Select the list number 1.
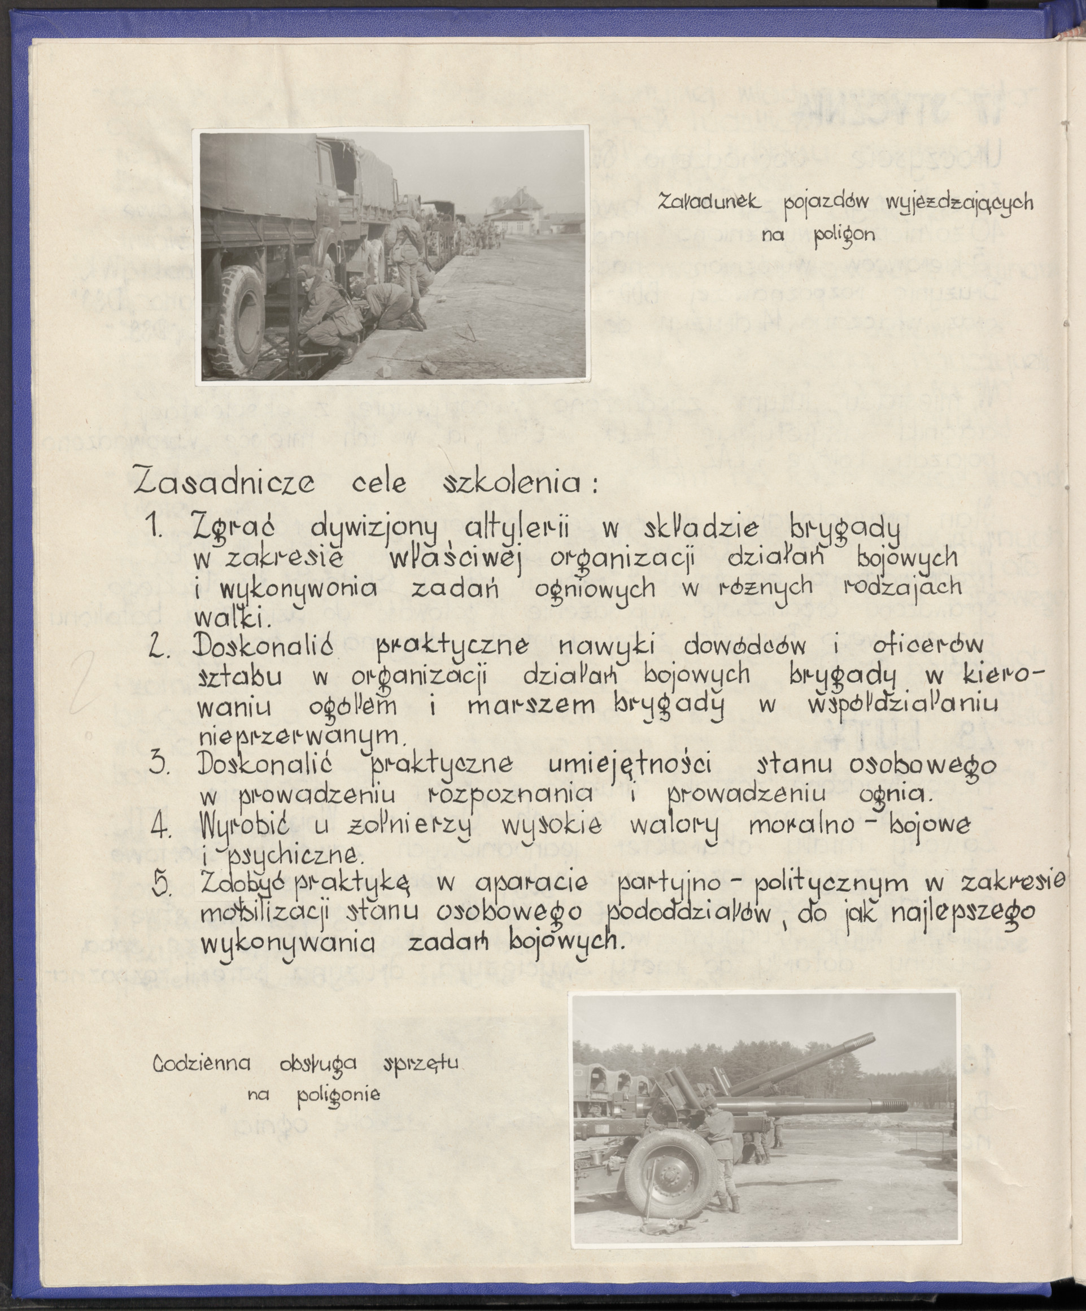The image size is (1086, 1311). (156, 528)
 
